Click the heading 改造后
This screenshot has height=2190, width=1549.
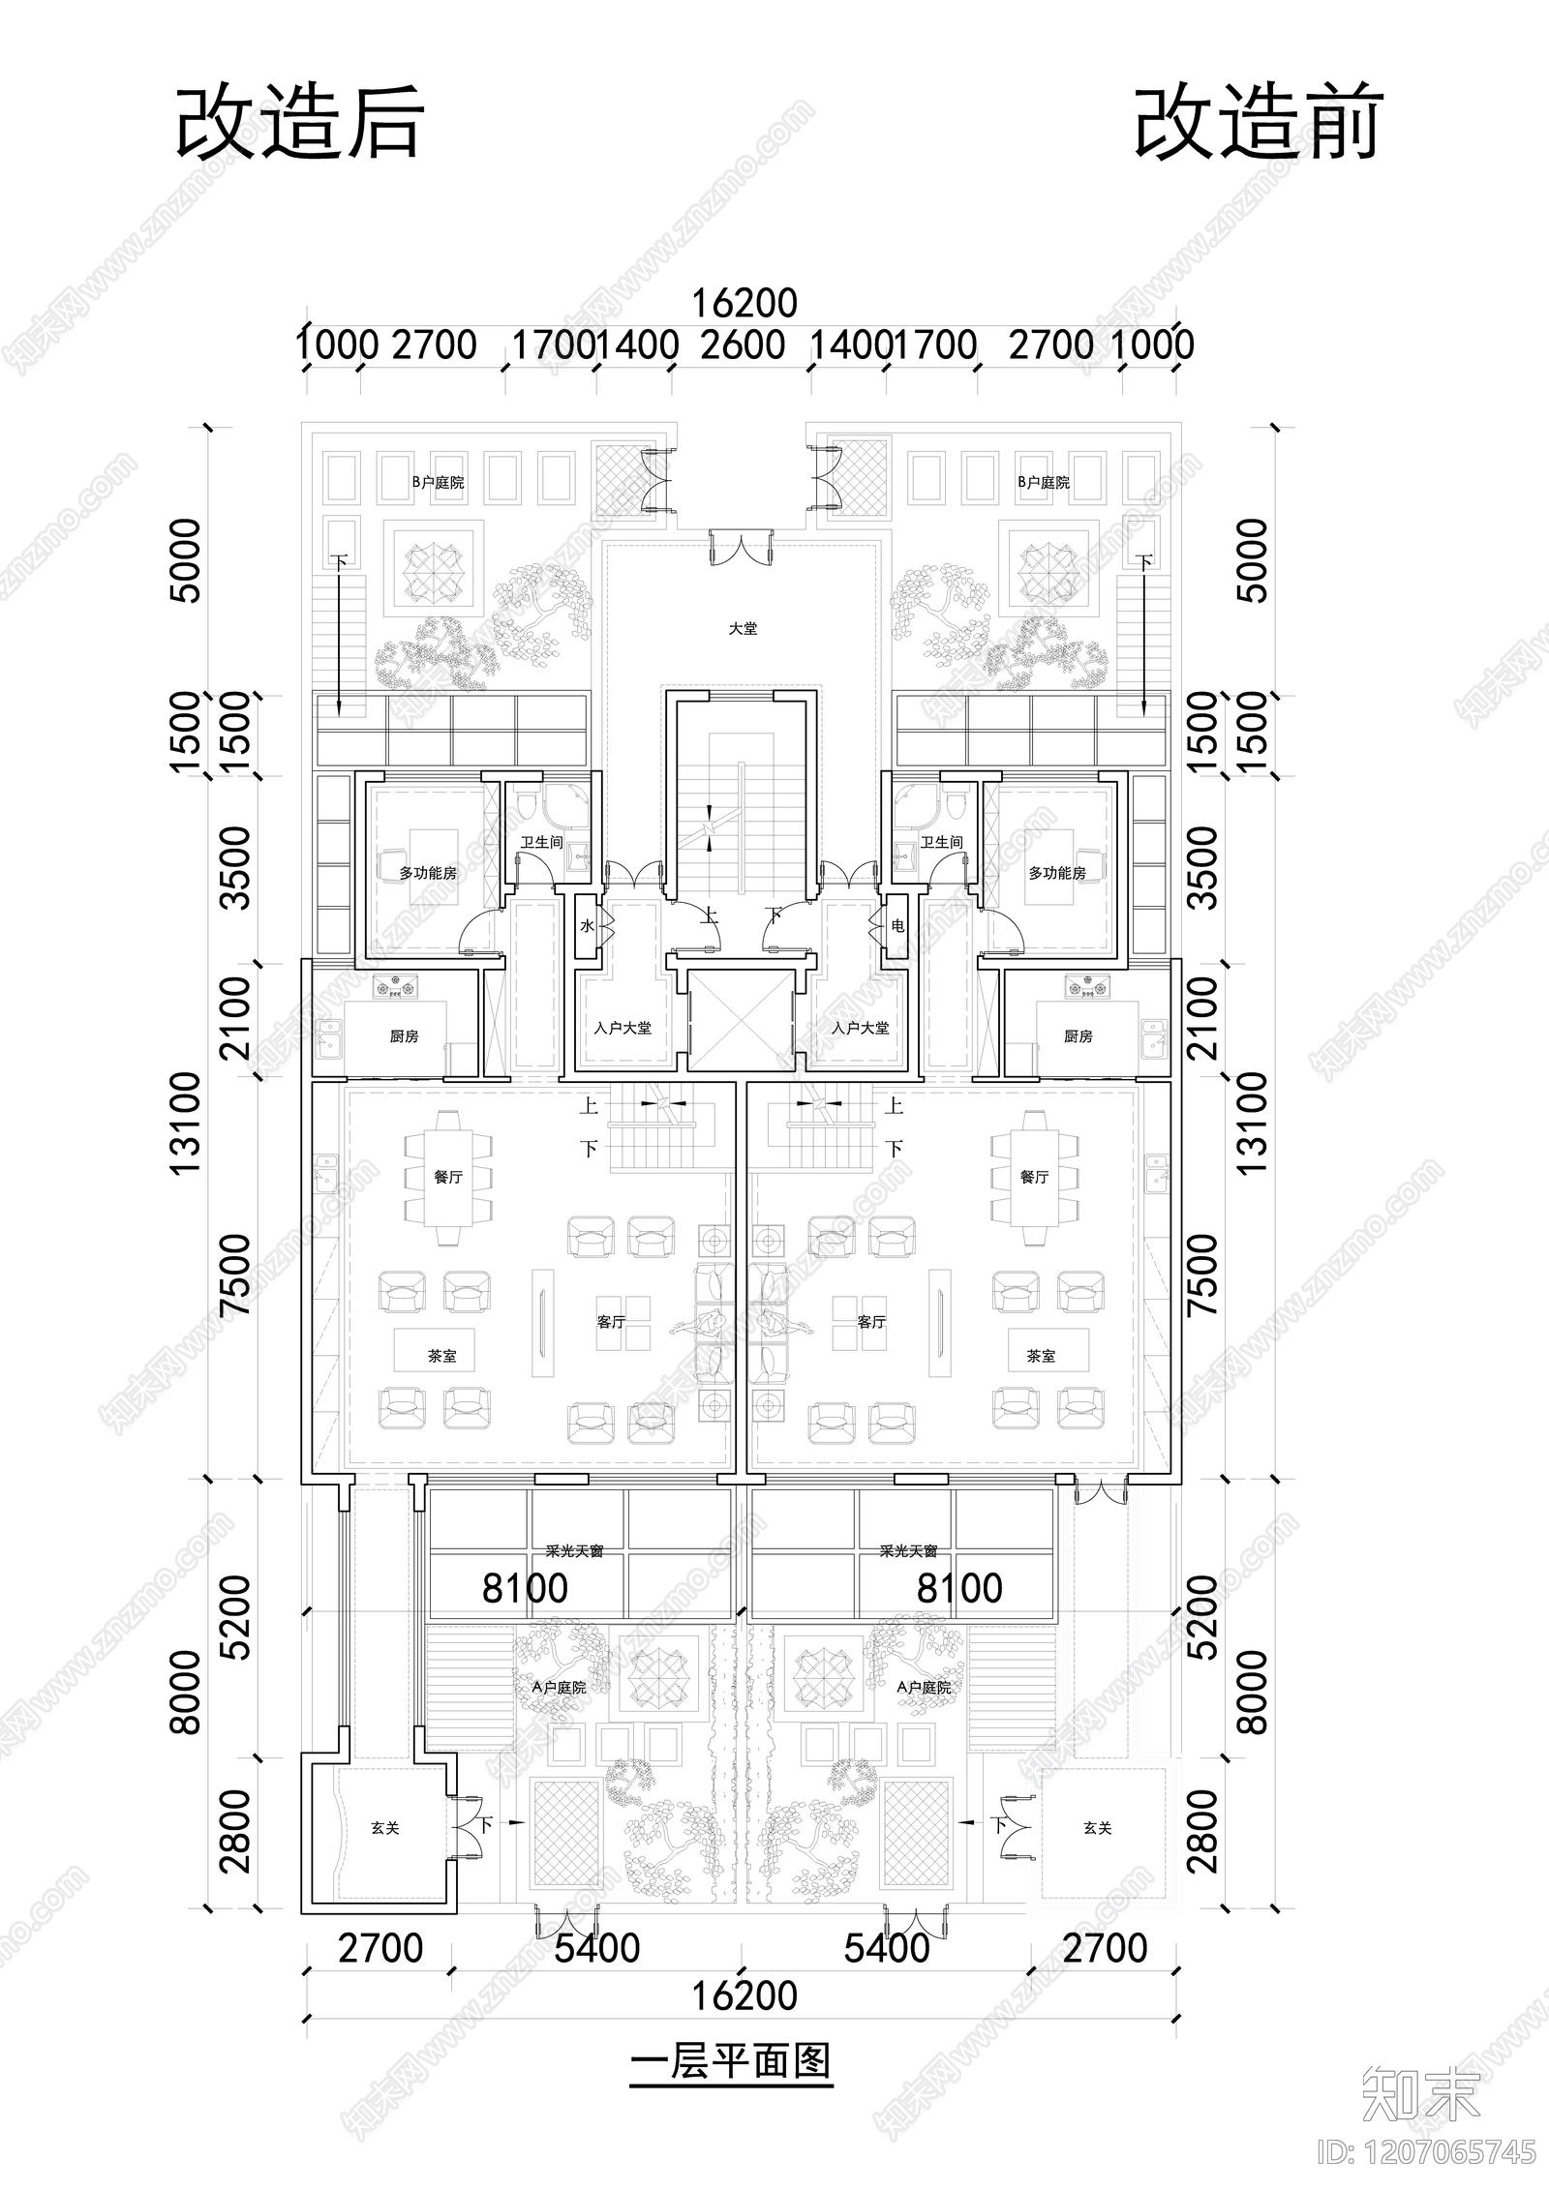(299, 123)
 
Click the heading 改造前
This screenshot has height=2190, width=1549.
(1258, 123)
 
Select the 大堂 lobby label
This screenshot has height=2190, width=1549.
(743, 629)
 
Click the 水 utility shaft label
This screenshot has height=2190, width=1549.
(587, 926)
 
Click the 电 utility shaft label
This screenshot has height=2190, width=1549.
(897, 926)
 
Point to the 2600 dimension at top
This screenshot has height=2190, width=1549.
(742, 345)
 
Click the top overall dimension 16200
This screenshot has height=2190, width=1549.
(743, 303)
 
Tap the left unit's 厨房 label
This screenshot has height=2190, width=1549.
(404, 1036)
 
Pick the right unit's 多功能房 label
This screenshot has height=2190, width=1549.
(1056, 873)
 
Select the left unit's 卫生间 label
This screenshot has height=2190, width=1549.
(541, 842)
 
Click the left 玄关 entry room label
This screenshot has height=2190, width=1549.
(384, 1828)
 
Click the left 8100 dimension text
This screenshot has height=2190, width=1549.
(526, 1588)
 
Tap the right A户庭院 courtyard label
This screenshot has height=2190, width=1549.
(924, 1687)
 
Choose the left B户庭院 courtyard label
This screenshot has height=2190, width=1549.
(438, 482)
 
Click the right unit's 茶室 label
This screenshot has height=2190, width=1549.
(1041, 1357)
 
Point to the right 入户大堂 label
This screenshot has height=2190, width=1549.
(860, 1028)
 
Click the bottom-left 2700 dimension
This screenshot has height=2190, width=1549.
(380, 1948)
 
